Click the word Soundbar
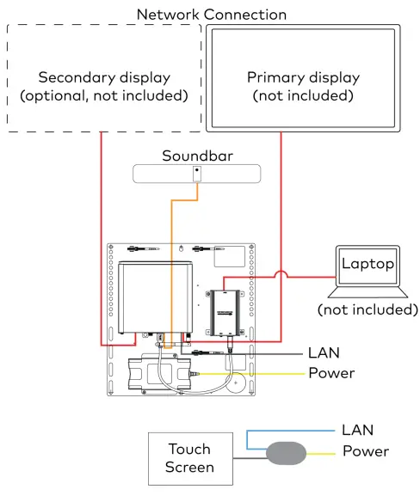[196, 156]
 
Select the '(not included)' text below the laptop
[367, 309]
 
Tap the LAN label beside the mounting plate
[324, 352]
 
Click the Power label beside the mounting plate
[331, 373]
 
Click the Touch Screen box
[188, 458]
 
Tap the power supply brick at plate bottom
[156, 375]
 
